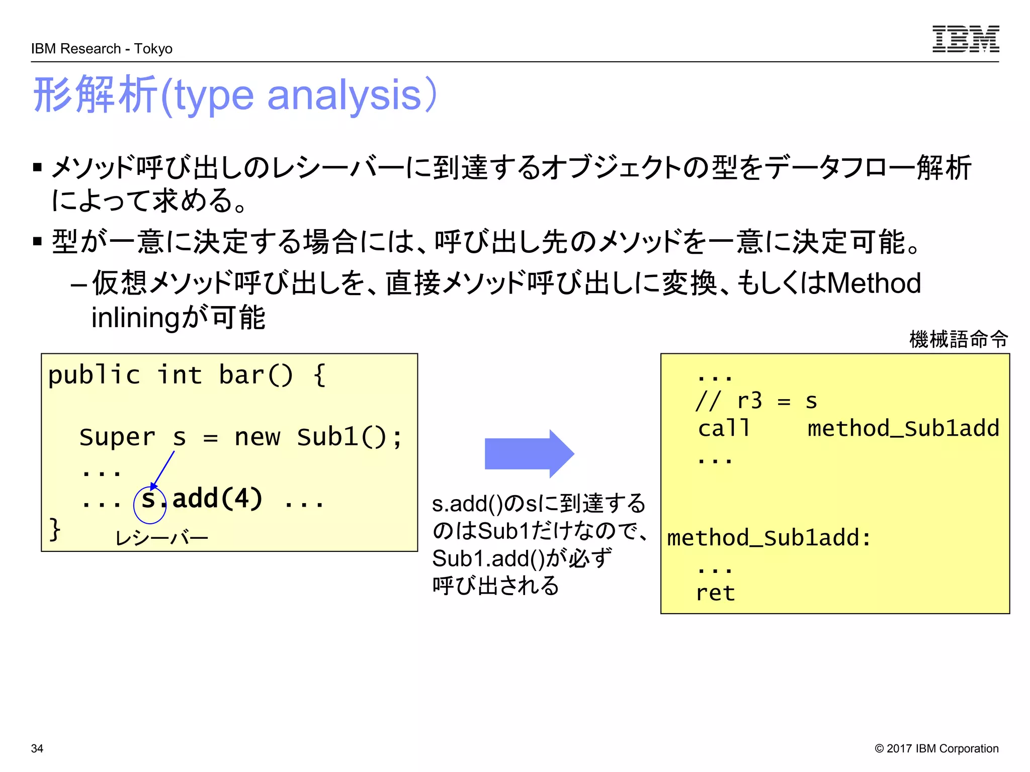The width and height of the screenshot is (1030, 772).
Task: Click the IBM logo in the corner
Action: [x=965, y=39]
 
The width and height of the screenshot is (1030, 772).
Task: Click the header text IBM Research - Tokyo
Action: [x=102, y=49]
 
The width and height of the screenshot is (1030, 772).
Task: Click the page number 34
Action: [x=37, y=748]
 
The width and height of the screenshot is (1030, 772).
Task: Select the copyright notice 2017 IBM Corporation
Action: [x=936, y=748]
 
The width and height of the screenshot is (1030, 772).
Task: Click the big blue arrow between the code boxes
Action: [x=529, y=453]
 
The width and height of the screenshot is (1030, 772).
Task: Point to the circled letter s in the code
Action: [x=148, y=499]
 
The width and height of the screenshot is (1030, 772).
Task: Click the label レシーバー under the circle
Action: [x=161, y=538]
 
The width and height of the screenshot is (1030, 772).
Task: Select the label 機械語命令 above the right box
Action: [x=958, y=339]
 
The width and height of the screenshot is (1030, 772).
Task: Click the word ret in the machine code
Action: [x=715, y=593]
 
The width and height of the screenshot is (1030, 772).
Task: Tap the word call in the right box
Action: [x=724, y=428]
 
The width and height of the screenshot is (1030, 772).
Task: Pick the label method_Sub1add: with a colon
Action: [x=768, y=538]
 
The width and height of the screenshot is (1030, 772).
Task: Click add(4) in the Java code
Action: [x=217, y=499]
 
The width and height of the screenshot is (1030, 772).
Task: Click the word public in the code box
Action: [x=94, y=375]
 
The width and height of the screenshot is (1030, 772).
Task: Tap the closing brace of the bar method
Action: [x=54, y=529]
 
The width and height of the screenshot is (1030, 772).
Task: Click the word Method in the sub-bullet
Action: [x=874, y=283]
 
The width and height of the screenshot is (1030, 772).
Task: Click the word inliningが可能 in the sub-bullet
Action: [x=178, y=318]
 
